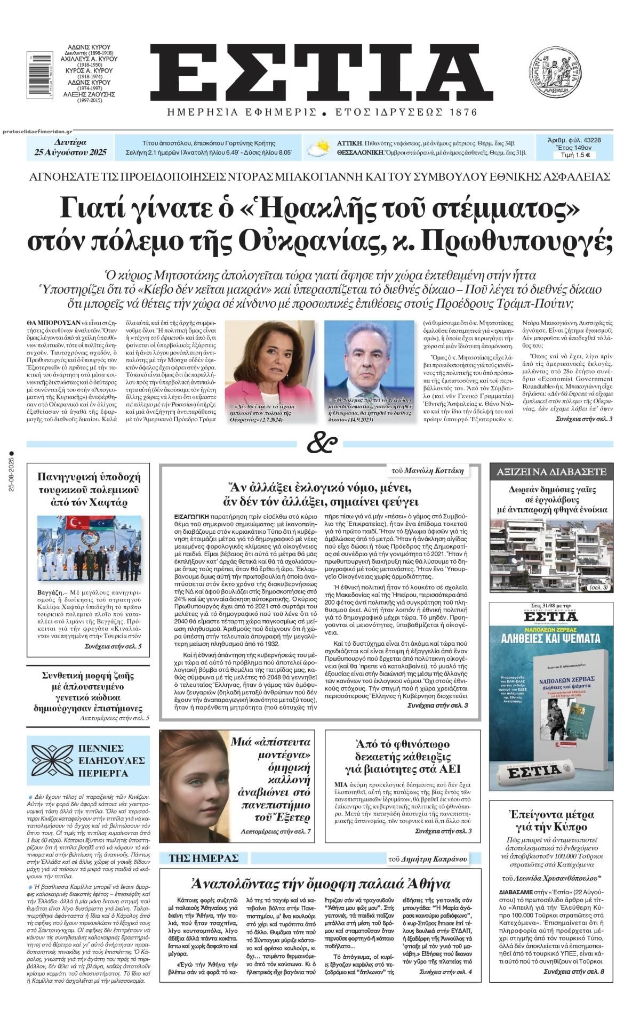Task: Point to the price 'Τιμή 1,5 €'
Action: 574,155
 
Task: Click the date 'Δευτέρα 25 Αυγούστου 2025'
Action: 70,148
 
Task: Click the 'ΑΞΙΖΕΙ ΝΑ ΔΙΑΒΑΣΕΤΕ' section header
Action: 551,471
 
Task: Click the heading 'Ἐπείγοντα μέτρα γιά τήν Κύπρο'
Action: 551,821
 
